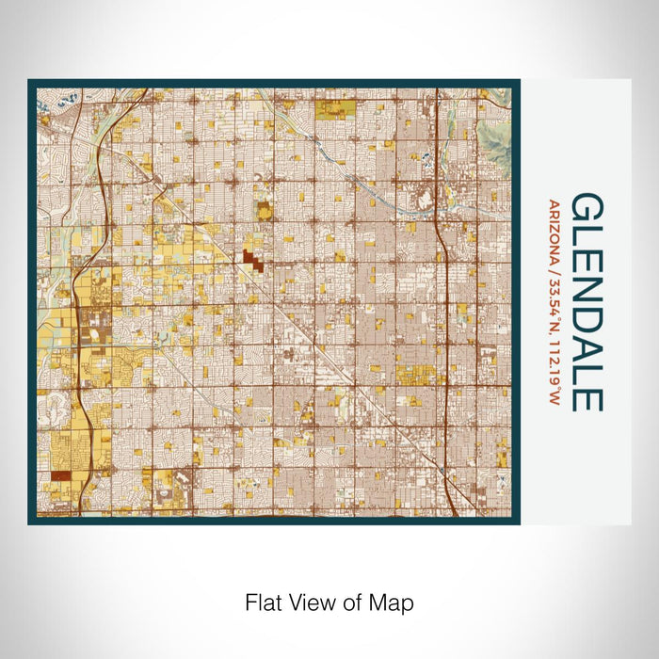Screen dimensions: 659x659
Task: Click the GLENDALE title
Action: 587,302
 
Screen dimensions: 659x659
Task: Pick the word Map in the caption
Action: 394,601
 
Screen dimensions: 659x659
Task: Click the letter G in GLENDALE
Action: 587,209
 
